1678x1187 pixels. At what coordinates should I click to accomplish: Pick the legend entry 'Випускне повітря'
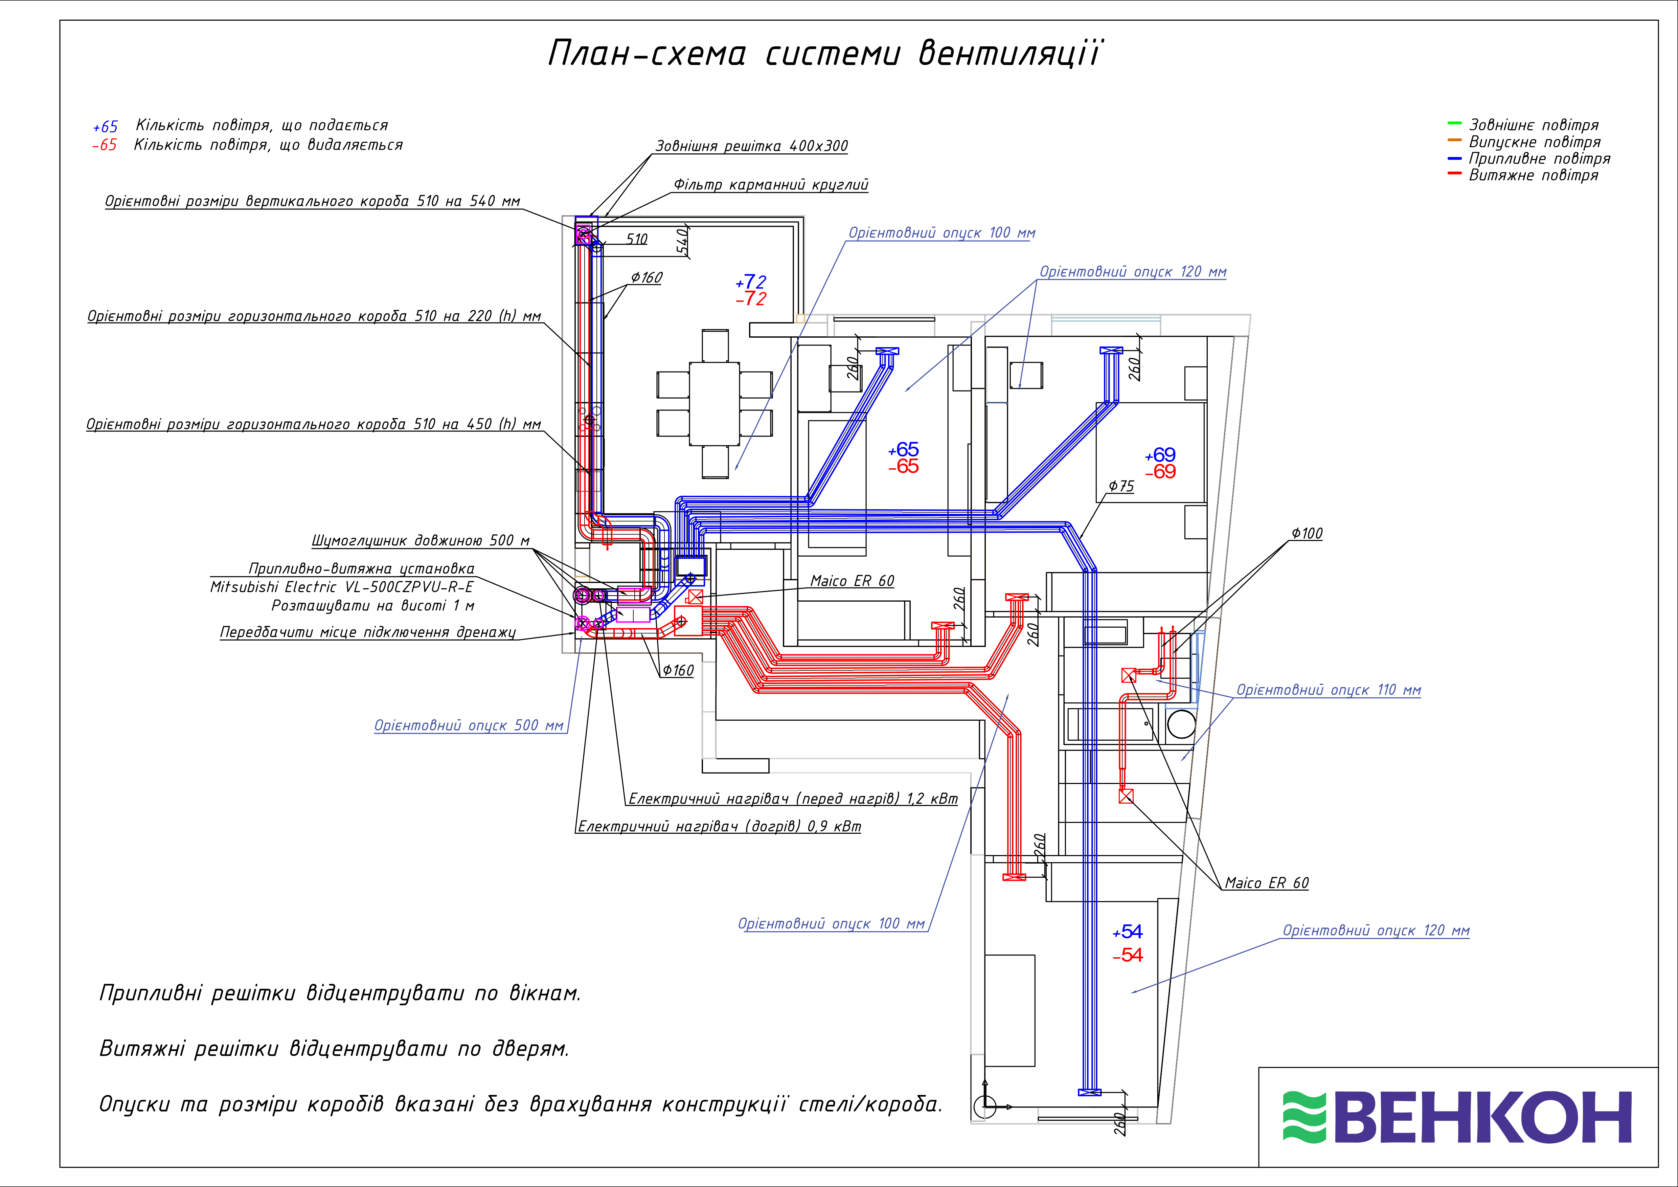[x=1534, y=142]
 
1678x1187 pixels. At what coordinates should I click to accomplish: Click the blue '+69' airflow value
[x=1161, y=455]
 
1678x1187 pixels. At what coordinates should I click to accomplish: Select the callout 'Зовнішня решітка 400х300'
[x=751, y=146]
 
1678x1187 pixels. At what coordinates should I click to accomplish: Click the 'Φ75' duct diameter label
[x=1121, y=486]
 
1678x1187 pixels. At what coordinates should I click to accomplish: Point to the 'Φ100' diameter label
[x=1307, y=534]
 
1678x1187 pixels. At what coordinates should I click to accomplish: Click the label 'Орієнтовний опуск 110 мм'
[x=1328, y=690]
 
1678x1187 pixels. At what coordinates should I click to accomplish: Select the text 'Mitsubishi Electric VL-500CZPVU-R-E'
[x=341, y=587]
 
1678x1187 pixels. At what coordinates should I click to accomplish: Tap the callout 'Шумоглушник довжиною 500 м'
[x=420, y=541]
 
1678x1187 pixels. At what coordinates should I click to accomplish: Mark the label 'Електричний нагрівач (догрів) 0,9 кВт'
[x=719, y=827]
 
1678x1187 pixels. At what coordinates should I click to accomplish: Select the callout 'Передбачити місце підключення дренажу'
[x=368, y=632]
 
